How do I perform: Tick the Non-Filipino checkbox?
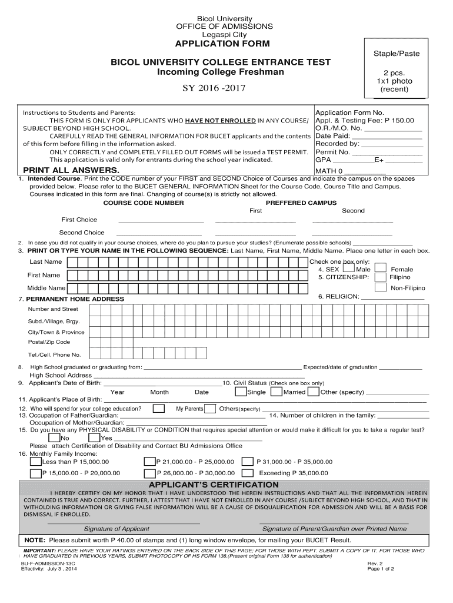point(381,288)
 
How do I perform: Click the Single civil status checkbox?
point(241,392)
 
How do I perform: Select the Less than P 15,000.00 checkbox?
point(36,462)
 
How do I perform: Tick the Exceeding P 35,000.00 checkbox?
point(248,473)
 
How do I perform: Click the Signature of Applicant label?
point(116,528)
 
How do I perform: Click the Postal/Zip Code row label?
point(49,342)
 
